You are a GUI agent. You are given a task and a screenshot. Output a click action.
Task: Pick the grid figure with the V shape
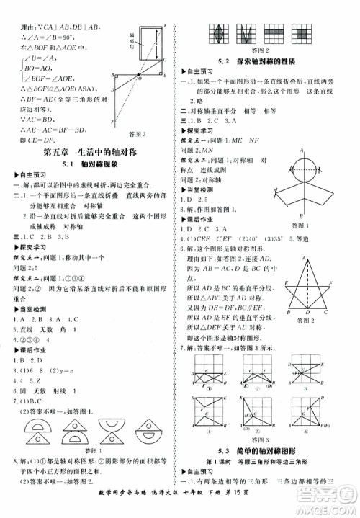point(247,32)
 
